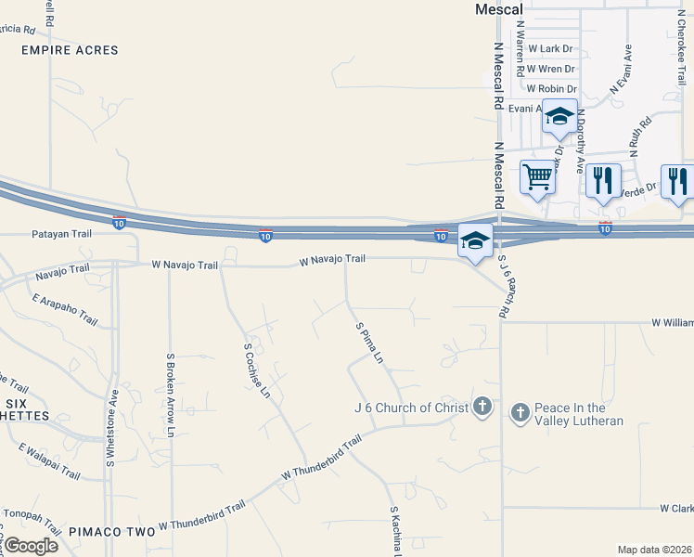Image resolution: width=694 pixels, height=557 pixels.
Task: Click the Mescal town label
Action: click(500, 8)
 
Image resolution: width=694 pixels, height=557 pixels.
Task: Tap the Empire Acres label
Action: click(70, 50)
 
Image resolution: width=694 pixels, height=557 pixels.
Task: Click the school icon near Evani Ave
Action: click(559, 116)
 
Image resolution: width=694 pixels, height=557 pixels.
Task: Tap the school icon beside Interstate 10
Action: click(475, 240)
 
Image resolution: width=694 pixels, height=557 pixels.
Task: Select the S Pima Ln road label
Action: click(368, 343)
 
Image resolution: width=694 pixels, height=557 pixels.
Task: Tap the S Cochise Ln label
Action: click(256, 370)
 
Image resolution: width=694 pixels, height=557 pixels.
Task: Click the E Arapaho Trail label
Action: click(64, 309)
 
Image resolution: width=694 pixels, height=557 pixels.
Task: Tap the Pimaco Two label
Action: click(110, 531)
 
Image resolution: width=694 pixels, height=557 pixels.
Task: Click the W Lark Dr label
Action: click(546, 48)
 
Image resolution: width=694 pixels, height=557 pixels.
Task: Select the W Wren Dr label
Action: click(549, 69)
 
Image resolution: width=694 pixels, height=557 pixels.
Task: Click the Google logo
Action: click(30, 545)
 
